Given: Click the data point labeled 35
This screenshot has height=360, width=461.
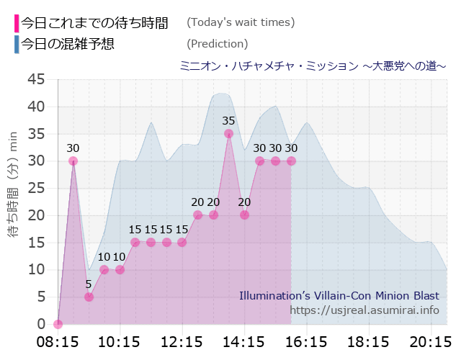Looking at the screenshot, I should point(229,133).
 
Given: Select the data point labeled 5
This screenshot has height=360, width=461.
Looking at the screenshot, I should point(89,297).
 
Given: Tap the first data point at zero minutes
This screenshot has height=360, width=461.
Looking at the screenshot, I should point(58,324).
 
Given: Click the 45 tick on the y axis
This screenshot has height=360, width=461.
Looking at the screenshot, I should point(36,79).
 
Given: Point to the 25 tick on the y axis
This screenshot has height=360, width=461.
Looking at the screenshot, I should point(36,188).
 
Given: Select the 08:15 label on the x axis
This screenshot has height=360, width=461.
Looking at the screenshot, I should point(58,341).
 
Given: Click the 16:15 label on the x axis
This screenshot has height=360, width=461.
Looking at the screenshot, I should point(307,341).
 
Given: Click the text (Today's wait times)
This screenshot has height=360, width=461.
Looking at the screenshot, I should point(241,22).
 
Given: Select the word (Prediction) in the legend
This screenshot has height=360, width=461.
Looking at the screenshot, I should point(217,44).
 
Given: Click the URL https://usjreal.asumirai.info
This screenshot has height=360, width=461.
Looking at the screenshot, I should point(364,310).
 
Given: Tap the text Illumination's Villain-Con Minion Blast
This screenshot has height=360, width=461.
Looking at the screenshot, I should point(339,295).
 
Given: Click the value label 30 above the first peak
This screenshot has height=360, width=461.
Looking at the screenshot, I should point(73,148).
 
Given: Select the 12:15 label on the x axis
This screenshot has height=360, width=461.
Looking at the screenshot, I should point(182,341).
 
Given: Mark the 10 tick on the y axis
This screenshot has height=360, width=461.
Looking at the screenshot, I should point(36,269).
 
